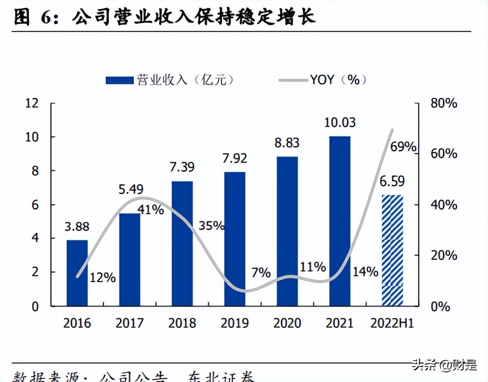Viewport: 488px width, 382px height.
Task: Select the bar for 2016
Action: pos(77,273)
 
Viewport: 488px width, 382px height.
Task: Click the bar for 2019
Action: pos(235,239)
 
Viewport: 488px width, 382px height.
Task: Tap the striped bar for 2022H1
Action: pos(392,250)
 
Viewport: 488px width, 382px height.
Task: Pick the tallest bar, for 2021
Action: pos(340,221)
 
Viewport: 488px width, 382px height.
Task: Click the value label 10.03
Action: pos(340,122)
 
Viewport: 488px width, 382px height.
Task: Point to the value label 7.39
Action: pos(182,167)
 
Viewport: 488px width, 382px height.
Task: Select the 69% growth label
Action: pos(403,147)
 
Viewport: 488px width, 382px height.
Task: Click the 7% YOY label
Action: pos(261,272)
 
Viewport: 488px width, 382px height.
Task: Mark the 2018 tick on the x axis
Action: pos(182,323)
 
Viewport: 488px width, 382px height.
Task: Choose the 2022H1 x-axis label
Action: pos(392,323)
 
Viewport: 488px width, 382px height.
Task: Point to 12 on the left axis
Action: pos(32,103)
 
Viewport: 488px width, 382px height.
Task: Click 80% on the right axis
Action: pos(443,103)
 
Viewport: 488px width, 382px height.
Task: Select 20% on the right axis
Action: pos(443,255)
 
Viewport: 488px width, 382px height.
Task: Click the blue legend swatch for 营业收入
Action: pos(119,80)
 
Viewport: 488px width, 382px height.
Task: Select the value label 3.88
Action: pos(77,227)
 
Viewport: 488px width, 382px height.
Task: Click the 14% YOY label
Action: pos(365,271)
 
